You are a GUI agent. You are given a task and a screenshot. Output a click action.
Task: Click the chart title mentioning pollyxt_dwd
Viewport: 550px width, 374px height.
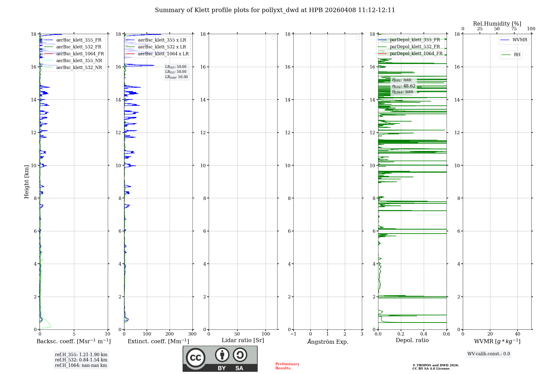(275, 10)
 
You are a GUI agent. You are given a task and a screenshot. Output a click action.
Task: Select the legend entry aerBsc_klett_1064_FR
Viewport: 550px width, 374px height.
(80, 54)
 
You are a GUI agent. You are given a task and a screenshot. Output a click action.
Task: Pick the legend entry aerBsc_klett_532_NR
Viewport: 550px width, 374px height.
(79, 67)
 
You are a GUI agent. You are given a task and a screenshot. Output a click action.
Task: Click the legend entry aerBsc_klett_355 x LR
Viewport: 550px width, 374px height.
(162, 40)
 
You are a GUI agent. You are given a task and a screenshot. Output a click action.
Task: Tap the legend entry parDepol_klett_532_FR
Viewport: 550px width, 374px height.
(415, 46)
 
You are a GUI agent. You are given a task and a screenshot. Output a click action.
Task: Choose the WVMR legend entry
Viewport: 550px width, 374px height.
(520, 40)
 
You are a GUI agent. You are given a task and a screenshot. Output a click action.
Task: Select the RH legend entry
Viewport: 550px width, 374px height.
(517, 55)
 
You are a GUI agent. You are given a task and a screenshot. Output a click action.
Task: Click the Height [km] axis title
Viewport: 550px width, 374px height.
(26, 182)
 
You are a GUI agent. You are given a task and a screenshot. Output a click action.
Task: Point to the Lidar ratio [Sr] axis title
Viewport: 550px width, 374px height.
(243, 340)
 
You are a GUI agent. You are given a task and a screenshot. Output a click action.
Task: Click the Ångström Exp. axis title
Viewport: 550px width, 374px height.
(328, 342)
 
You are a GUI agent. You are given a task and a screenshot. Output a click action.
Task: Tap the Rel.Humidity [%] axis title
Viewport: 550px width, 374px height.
(497, 24)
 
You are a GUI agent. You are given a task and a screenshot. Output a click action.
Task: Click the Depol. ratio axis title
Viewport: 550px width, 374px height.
(412, 340)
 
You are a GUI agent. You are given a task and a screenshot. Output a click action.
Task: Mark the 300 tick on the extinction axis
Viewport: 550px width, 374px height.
(193, 334)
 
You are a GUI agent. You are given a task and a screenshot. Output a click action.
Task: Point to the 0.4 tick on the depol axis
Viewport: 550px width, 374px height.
(424, 334)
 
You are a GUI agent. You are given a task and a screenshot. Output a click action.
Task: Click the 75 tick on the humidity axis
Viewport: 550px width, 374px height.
(514, 29)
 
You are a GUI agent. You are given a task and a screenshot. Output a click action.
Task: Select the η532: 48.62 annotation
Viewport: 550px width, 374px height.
(403, 86)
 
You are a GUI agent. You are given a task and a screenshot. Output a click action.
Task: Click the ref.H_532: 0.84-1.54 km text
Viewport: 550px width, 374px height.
(81, 360)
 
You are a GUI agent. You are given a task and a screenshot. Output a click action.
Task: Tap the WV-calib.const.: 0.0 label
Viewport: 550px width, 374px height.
(489, 354)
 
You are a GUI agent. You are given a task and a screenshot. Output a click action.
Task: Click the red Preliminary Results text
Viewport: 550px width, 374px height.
(287, 366)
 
